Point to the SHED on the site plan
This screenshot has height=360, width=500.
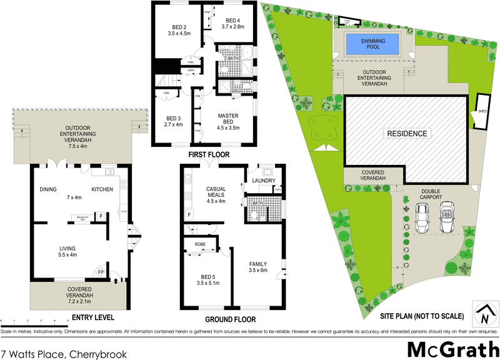[482, 111]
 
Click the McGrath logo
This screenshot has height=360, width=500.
[449, 349]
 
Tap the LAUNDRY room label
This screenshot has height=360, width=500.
[264, 181]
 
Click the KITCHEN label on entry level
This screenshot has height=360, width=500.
[102, 189]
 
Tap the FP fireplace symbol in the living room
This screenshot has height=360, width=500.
[101, 272]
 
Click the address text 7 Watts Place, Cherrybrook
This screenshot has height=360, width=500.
[64, 353]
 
